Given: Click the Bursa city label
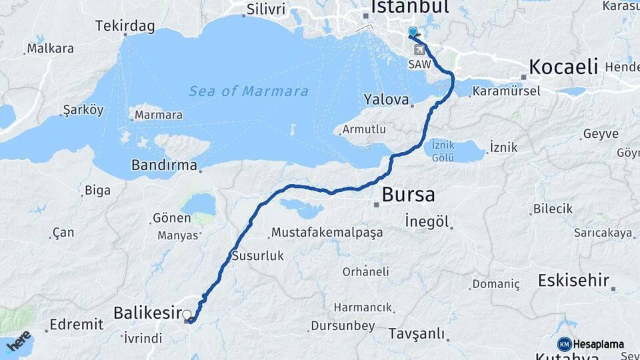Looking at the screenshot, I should pyautogui.click(x=408, y=195).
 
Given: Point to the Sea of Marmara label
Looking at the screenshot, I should pyautogui.click(x=248, y=91).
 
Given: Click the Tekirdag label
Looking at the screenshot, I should pyautogui.click(x=125, y=27).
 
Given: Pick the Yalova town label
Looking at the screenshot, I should pyautogui.click(x=385, y=99).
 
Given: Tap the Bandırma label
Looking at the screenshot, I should pyautogui.click(x=164, y=165).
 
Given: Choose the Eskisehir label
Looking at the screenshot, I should pyautogui.click(x=573, y=280).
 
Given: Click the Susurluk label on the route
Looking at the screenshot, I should pyautogui.click(x=258, y=255).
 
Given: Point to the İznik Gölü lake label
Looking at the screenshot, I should pyautogui.click(x=443, y=151).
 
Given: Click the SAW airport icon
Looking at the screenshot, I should pyautogui.click(x=419, y=50).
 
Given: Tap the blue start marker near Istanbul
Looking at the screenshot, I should pyautogui.click(x=413, y=32).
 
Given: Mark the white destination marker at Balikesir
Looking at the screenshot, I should pyautogui.click(x=187, y=315).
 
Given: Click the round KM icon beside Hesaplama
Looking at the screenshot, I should pyautogui.click(x=564, y=344).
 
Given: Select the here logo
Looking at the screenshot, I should pyautogui.click(x=18, y=339).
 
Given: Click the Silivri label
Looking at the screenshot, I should pyautogui.click(x=265, y=9).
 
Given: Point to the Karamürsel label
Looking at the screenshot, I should pyautogui.click(x=507, y=91).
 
